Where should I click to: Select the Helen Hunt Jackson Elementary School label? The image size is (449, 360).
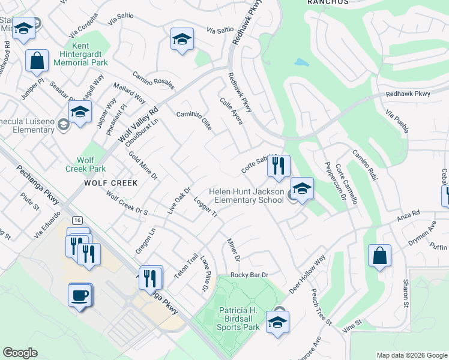tap(246, 196)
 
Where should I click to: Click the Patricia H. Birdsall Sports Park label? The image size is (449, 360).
tap(238, 319)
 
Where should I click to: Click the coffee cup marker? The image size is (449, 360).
tap(80, 296)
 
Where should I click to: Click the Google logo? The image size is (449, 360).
tap(20, 353)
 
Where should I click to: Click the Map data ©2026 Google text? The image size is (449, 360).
tap(411, 355)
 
